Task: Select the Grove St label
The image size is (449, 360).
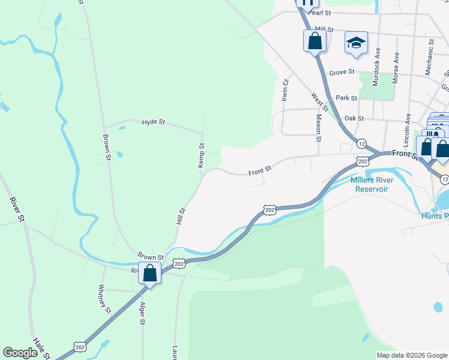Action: pyautogui.click(x=342, y=73)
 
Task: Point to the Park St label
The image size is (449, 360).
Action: pyautogui.click(x=346, y=98)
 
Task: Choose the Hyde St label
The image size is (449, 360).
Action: pyautogui.click(x=153, y=122)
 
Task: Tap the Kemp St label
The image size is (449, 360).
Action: pyautogui.click(x=202, y=155)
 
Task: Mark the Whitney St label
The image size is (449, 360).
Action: pyautogui.click(x=104, y=299)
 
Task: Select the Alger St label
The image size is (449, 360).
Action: pyautogui.click(x=142, y=313)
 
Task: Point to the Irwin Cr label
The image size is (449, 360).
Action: pyautogui.click(x=286, y=90)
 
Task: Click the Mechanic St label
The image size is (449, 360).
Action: pyautogui.click(x=430, y=57)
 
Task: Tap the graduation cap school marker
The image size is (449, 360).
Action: pyautogui.click(x=356, y=43)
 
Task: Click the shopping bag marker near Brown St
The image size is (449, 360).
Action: pyautogui.click(x=150, y=273)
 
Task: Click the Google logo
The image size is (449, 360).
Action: pyautogui.click(x=20, y=353)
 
